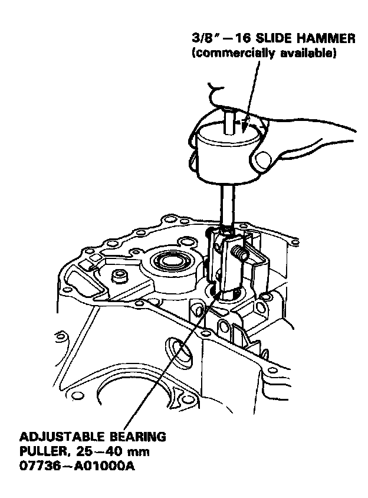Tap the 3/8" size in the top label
(203, 40)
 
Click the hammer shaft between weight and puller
(226, 204)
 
